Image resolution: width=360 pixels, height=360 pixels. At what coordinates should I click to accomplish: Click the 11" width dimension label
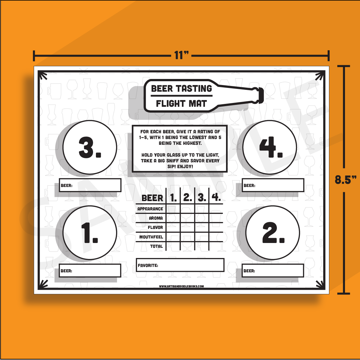click(181, 55)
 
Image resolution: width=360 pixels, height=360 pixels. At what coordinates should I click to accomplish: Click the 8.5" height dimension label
click(346, 180)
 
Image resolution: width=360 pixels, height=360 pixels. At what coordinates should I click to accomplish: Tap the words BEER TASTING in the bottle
click(181, 88)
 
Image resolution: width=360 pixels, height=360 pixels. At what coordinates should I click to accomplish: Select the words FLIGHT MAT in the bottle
click(181, 104)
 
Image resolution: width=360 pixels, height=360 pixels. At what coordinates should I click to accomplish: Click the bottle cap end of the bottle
click(261, 95)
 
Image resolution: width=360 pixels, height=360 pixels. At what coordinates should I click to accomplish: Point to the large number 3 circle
click(90, 147)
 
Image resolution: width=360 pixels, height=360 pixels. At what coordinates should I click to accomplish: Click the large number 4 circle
click(270, 147)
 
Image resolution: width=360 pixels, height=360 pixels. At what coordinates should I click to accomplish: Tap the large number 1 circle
click(90, 232)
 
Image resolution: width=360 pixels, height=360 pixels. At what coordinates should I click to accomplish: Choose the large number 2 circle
click(272, 232)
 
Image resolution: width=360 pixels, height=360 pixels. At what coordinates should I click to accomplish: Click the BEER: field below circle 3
click(90, 185)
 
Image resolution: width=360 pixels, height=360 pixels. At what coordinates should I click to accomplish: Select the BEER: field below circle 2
click(273, 270)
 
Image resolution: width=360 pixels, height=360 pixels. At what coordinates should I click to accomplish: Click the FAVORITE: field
click(180, 265)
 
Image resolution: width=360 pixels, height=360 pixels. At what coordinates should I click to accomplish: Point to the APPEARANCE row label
click(150, 209)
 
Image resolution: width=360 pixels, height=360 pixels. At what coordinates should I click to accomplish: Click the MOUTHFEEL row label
click(151, 237)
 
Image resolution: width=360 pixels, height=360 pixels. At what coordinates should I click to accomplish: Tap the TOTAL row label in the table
click(156, 247)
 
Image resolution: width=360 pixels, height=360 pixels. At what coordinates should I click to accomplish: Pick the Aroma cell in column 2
click(187, 218)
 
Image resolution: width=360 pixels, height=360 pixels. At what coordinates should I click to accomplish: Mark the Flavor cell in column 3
click(202, 227)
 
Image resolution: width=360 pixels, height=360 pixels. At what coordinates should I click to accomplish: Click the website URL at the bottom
click(181, 286)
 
